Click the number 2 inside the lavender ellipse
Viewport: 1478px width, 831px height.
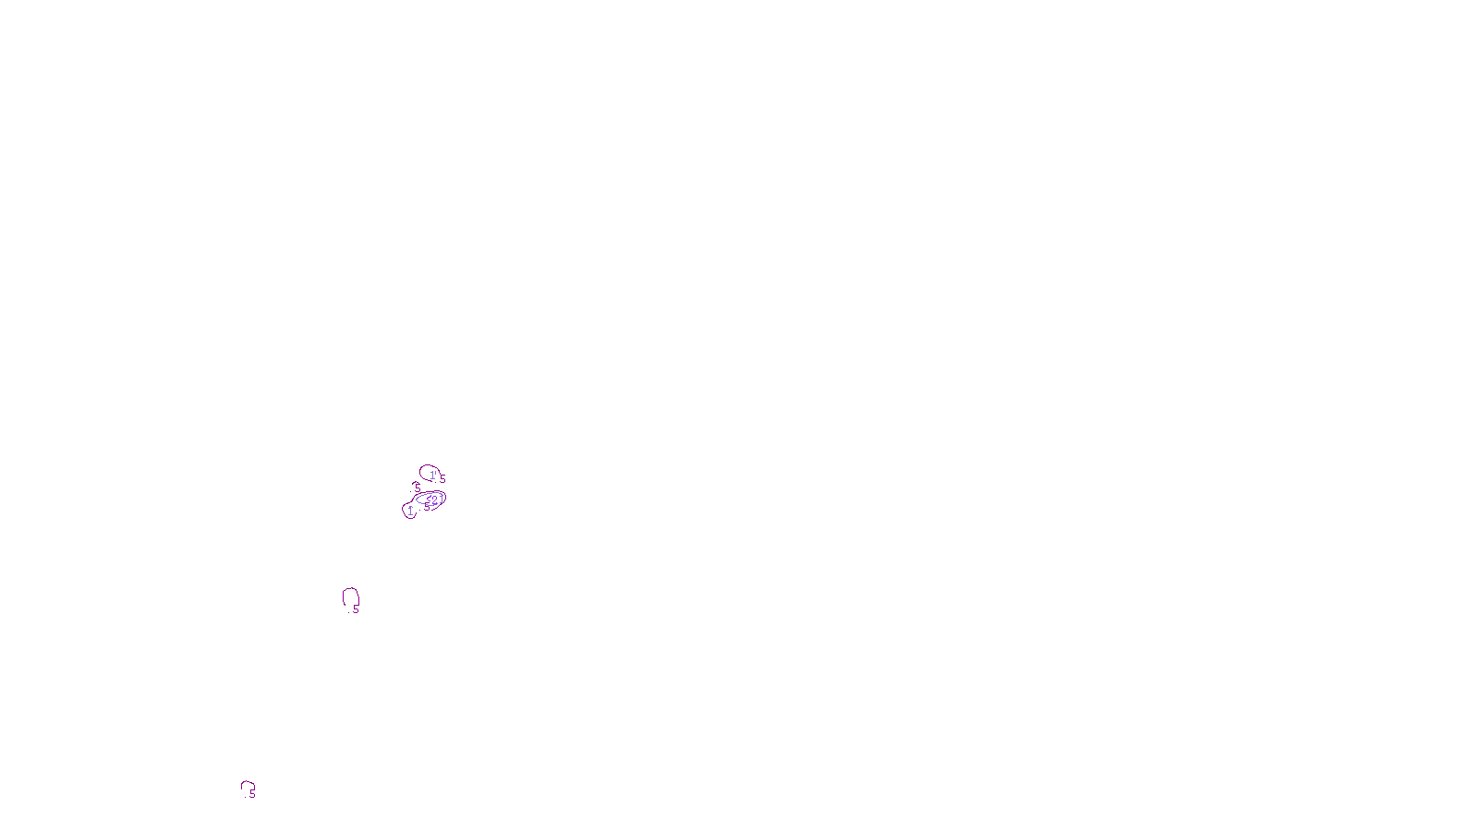(x=434, y=500)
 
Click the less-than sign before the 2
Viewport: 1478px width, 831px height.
(x=429, y=499)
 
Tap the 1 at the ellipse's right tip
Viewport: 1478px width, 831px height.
(x=442, y=500)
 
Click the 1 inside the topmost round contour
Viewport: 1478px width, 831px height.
(x=432, y=476)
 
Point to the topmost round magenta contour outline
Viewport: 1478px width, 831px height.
(x=420, y=469)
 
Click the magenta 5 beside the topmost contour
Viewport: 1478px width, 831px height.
(x=442, y=478)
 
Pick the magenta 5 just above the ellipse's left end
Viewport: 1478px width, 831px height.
(x=418, y=488)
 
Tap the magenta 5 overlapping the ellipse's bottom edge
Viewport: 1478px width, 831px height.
(x=427, y=507)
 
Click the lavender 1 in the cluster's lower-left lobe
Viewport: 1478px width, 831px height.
(x=410, y=511)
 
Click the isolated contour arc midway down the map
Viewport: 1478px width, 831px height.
(x=343, y=596)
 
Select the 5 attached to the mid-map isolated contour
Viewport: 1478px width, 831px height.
(x=356, y=608)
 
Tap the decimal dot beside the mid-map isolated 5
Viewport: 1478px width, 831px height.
(x=348, y=612)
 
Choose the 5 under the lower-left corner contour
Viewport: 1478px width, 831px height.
(x=252, y=793)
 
